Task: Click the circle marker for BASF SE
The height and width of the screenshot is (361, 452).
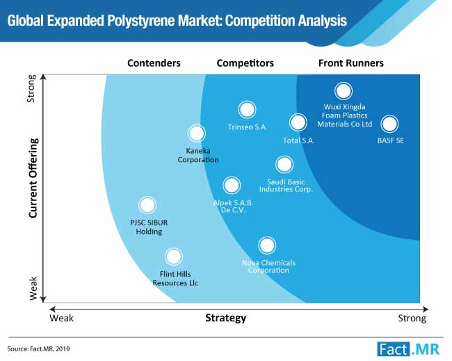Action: click(x=389, y=124)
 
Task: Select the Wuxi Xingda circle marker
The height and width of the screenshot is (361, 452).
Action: click(x=344, y=91)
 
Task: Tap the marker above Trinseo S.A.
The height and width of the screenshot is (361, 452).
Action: click(x=247, y=110)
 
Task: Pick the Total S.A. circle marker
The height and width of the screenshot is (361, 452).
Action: click(x=298, y=122)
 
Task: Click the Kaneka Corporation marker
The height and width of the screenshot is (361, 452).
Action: click(x=197, y=134)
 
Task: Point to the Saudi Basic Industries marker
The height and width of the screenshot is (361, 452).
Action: click(x=284, y=164)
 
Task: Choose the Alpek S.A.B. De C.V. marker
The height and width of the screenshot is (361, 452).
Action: click(x=232, y=186)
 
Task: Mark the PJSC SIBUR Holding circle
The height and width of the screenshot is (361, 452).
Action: click(x=147, y=205)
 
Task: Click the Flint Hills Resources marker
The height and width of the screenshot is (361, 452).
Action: click(x=174, y=257)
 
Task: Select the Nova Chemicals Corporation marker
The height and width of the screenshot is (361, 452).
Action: click(x=267, y=246)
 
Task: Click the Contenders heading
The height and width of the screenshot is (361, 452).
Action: click(x=154, y=63)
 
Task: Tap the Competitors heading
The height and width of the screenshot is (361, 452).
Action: click(x=245, y=63)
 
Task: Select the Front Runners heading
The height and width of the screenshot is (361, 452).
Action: click(x=351, y=63)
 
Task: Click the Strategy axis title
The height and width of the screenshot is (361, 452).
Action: click(x=226, y=318)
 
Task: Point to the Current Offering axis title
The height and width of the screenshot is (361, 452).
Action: click(x=33, y=178)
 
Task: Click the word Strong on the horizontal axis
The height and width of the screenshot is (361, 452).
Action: click(x=412, y=319)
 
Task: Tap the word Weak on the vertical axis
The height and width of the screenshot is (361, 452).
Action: click(x=33, y=289)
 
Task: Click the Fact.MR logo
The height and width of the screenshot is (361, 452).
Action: click(x=408, y=349)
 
